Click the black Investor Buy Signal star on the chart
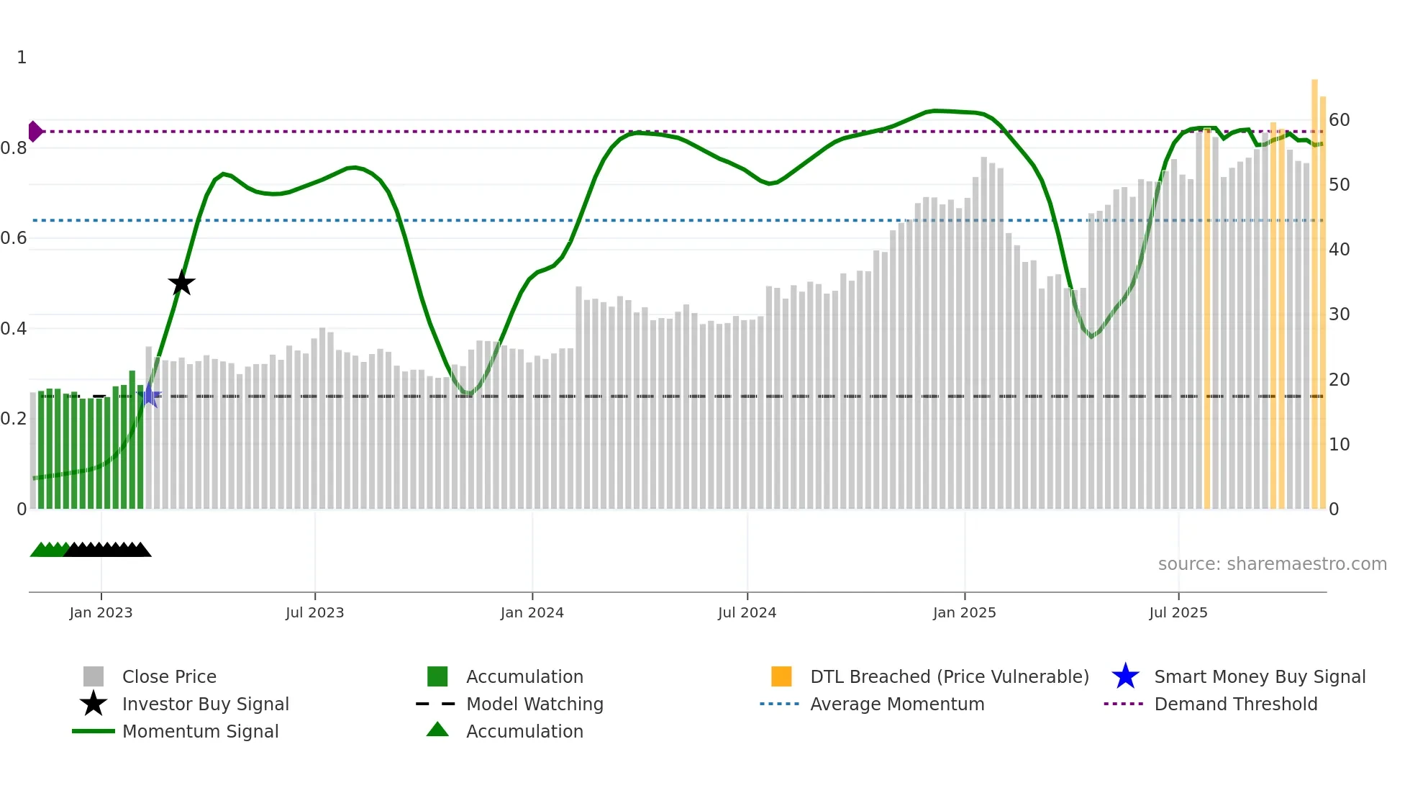181,283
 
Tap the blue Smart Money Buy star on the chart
150,395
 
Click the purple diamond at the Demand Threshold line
35,132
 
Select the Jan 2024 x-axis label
532,612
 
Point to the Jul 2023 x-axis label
314,612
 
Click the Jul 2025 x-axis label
1178,612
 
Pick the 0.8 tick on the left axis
14,148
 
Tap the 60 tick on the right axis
1339,120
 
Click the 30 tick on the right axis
1339,314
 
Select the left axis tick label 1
22,58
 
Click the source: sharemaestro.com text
1272,563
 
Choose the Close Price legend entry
169,676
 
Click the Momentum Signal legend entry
200,731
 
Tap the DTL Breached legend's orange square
781,676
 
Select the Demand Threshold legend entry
1235,704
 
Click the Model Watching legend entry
534,704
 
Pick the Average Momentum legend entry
896,704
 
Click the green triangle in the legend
437,730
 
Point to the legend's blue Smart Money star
1125,676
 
